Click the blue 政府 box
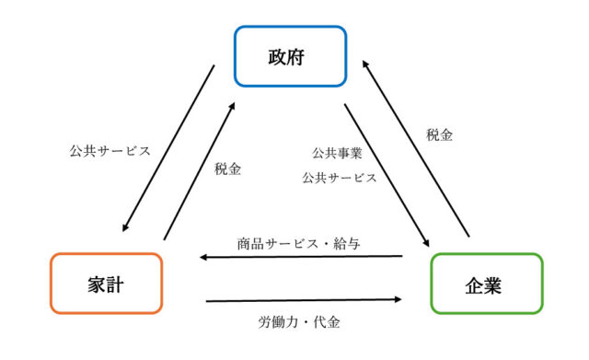pyautogui.click(x=289, y=57)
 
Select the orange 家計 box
pyautogui.click(x=106, y=284)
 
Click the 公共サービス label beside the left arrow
pyautogui.click(x=109, y=149)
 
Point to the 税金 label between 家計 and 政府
pyautogui.click(x=227, y=169)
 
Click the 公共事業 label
pyautogui.click(x=337, y=153)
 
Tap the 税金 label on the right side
pyautogui.click(x=439, y=134)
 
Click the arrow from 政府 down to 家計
pyautogui.click(x=169, y=148)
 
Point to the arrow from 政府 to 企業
pyautogui.click(x=387, y=176)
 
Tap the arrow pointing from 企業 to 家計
pyautogui.click(x=302, y=257)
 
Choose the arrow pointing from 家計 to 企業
pyautogui.click(x=305, y=299)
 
